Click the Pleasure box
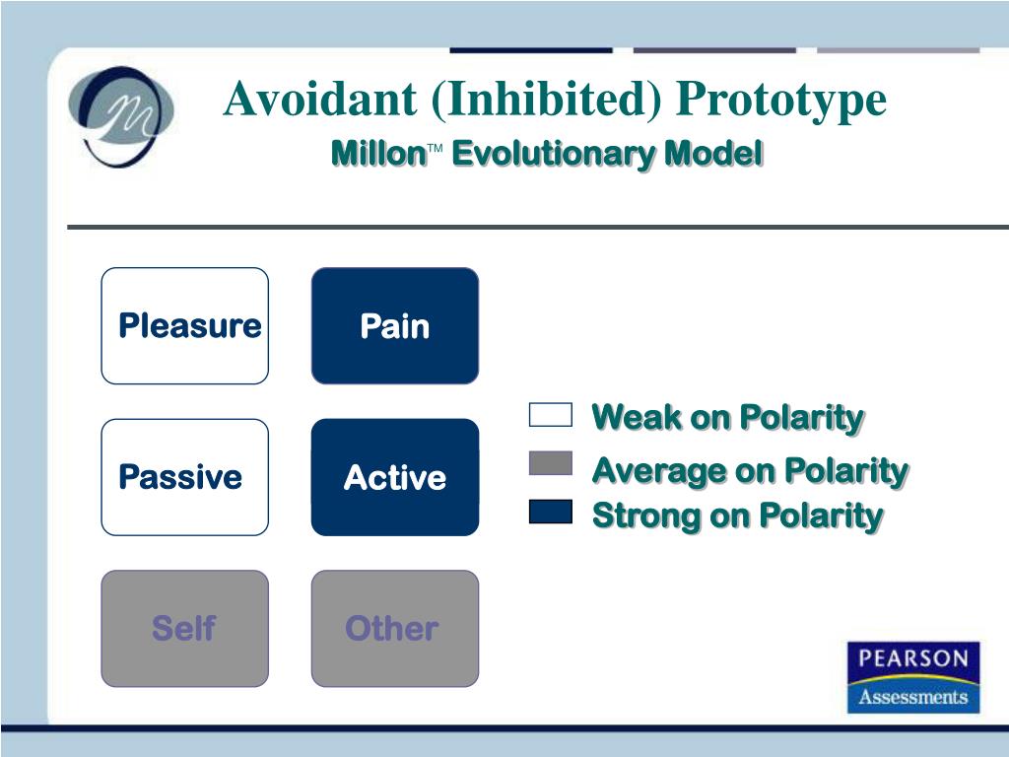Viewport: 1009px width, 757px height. [x=184, y=325]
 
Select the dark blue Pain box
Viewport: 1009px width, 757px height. [x=395, y=325]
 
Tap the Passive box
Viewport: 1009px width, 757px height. [x=184, y=477]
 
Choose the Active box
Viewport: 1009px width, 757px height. [x=395, y=477]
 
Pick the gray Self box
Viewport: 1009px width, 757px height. [x=184, y=628]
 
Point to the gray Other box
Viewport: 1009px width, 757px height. [x=395, y=628]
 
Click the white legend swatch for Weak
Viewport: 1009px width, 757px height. [x=551, y=415]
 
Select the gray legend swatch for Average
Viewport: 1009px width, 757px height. [x=551, y=463]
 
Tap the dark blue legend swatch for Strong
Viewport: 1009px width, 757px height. [x=551, y=512]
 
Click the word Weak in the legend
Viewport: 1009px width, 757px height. [x=638, y=417]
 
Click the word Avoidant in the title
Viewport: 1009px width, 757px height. [x=320, y=99]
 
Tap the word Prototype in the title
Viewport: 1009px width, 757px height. [x=781, y=100]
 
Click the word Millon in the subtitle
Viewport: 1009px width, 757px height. [x=378, y=154]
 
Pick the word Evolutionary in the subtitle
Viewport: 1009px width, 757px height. [x=554, y=155]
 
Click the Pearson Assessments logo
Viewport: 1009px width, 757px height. [x=913, y=677]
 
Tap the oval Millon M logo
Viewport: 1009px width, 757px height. [x=121, y=116]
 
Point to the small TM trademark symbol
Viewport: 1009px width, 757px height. [x=435, y=149]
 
